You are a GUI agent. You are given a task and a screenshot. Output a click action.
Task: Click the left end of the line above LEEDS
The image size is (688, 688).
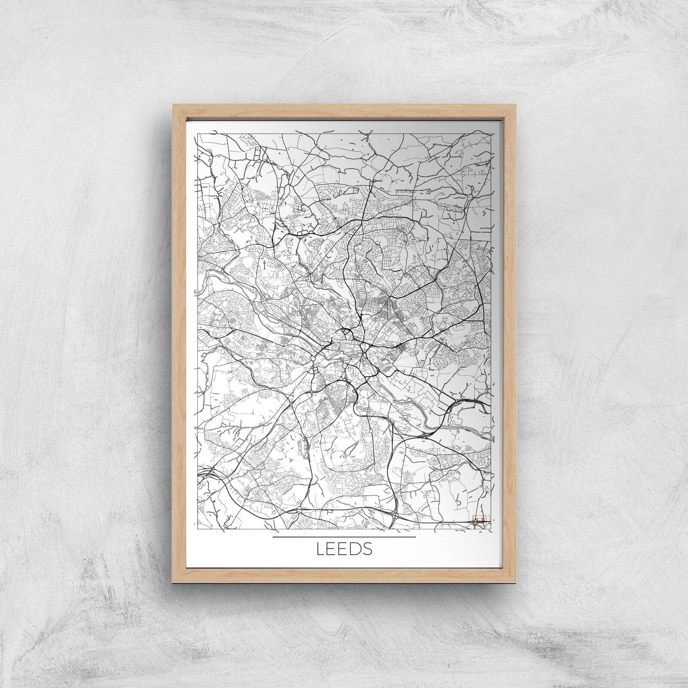(273, 537)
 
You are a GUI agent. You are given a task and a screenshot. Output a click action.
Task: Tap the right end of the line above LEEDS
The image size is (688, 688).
(415, 537)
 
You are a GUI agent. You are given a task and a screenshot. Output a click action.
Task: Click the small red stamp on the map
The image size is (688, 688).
(479, 521)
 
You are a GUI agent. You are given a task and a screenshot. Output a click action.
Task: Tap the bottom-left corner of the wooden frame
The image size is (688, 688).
(172, 583)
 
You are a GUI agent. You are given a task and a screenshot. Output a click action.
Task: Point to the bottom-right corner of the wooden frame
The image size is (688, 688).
(516, 583)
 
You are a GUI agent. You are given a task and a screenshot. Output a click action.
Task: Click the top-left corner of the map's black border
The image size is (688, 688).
(197, 133)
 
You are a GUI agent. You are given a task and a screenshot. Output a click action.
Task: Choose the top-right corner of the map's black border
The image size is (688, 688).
(491, 133)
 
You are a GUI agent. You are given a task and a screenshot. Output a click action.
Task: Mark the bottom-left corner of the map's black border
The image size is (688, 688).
(197, 529)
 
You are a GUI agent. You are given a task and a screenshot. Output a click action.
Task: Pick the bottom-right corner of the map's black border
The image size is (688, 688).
(491, 529)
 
